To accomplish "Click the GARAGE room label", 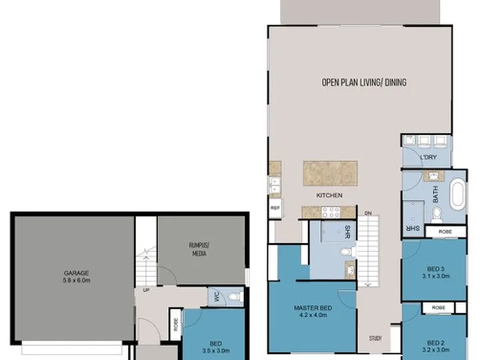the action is (x=77, y=273).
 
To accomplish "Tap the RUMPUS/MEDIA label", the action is (x=199, y=249).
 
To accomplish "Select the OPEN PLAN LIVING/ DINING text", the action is (x=364, y=83).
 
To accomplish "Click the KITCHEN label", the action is (x=329, y=195).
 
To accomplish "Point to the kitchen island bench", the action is (x=330, y=173).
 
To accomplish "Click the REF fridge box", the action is (x=275, y=208).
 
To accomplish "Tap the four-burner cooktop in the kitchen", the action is (x=331, y=212).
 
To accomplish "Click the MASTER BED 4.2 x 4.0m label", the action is (x=313, y=311).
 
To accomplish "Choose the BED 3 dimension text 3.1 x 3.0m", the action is (x=436, y=276).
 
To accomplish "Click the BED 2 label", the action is (x=435, y=343).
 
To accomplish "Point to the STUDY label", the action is (x=375, y=338).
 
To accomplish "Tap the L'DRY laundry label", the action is (x=428, y=157).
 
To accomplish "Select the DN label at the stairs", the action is (x=368, y=213).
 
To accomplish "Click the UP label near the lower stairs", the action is (x=146, y=289).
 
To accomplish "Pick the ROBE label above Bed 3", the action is (x=445, y=232).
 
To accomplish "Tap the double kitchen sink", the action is (x=275, y=185).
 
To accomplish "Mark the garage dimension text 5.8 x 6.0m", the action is (x=77, y=280).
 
